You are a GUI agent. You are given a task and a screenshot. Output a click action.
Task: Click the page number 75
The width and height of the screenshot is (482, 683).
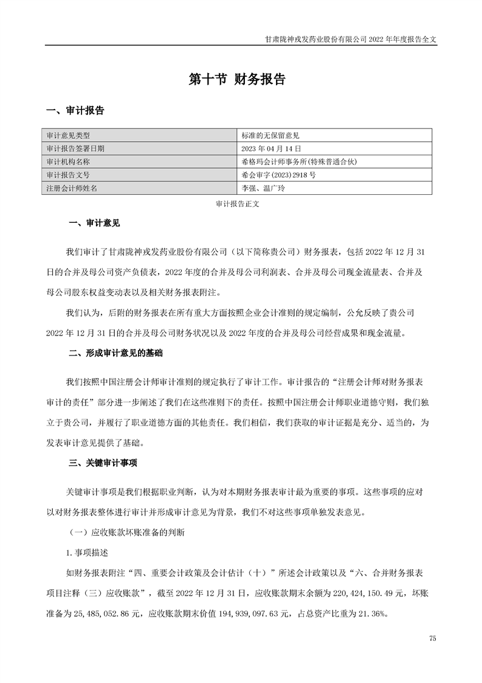[432, 639]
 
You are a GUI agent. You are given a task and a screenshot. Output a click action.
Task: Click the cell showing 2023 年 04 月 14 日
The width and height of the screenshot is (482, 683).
[271, 149]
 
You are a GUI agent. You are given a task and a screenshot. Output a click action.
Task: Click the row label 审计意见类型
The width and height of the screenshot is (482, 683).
[72, 135]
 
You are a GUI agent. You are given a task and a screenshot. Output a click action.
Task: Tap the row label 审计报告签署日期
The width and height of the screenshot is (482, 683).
[75, 149]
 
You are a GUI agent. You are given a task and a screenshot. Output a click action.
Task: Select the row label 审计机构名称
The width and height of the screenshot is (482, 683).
[72, 162]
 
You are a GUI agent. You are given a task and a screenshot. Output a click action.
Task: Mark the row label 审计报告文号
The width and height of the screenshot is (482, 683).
[72, 175]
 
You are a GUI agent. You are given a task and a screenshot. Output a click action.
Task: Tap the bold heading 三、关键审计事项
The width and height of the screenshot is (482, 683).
[103, 463]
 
